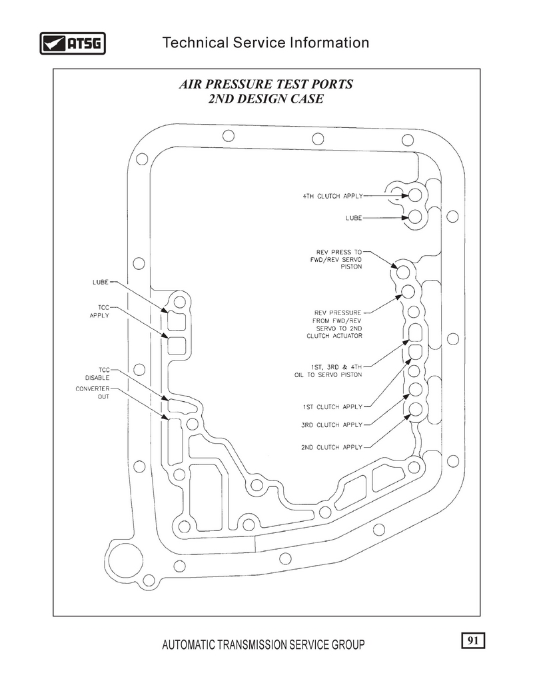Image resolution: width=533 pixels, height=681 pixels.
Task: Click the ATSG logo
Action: tap(73, 43)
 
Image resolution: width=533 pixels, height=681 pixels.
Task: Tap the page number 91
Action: tap(473, 640)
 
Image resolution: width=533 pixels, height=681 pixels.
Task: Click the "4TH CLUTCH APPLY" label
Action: tap(332, 197)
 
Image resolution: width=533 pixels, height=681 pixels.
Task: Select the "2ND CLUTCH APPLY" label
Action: tap(332, 447)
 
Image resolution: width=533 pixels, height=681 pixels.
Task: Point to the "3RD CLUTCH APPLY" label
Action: tap(332, 424)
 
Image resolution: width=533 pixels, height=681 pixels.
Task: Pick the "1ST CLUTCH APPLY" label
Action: tap(332, 407)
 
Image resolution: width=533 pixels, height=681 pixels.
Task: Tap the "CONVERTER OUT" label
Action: tap(93, 392)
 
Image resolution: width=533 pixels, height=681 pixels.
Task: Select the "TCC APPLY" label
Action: tap(99, 311)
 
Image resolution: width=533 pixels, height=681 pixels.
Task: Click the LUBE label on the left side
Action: tap(101, 283)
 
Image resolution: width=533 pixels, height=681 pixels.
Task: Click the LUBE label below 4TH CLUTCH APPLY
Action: tap(354, 218)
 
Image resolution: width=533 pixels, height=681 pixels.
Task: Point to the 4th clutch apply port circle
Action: tap(415, 195)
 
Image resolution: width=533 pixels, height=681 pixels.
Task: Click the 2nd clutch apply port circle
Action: tap(415, 409)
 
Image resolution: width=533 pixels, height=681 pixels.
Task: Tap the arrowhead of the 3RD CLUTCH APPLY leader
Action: tap(407, 396)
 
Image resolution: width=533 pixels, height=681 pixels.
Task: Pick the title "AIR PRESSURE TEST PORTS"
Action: tap(266, 84)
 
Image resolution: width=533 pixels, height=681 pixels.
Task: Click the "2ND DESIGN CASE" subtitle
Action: tap(266, 99)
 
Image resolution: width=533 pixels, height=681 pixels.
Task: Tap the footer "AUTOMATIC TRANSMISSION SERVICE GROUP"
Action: tap(263, 644)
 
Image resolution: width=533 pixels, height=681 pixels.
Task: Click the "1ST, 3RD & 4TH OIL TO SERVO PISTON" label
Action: tap(328, 371)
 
